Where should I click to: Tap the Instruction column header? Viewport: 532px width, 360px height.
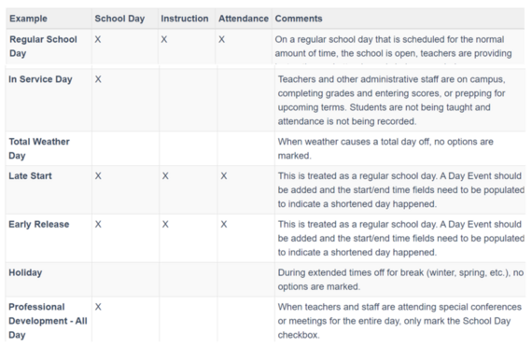click(x=184, y=19)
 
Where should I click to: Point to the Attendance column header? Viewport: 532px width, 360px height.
click(x=243, y=19)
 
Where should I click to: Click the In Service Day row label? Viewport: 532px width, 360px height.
click(x=40, y=79)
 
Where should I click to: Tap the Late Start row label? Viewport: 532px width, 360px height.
click(x=31, y=175)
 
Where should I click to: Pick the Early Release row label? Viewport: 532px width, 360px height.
click(x=38, y=225)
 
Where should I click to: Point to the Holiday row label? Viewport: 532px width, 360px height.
click(x=26, y=272)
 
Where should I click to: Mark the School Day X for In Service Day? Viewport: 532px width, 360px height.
click(x=98, y=79)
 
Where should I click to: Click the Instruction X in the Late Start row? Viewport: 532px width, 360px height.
click(x=164, y=175)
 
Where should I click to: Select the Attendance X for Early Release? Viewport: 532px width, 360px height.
click(x=224, y=225)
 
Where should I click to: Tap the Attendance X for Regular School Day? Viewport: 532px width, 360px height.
click(x=222, y=39)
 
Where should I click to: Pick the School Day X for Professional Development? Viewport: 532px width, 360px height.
click(x=98, y=306)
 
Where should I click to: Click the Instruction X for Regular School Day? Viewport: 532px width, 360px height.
click(x=164, y=39)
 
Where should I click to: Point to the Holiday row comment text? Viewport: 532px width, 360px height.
click(x=399, y=279)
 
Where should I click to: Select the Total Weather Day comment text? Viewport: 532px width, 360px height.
click(x=392, y=147)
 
